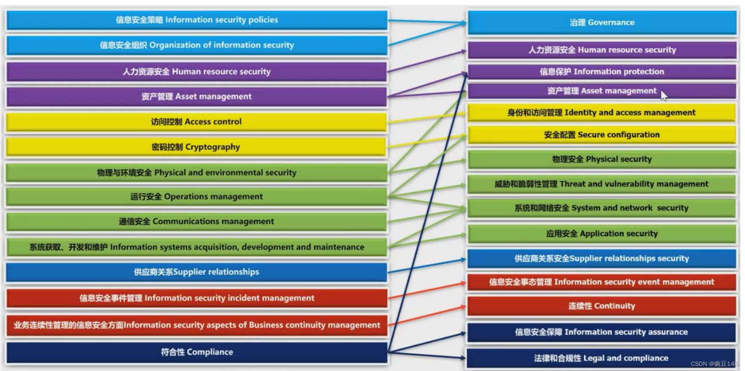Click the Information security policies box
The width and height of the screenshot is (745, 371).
click(197, 20)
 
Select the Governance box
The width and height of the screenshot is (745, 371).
click(602, 23)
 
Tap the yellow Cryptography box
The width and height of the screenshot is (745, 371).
click(196, 147)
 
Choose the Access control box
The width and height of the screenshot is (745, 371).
click(196, 122)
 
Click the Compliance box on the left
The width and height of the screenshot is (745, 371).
click(197, 352)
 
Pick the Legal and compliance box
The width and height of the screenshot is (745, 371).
click(601, 358)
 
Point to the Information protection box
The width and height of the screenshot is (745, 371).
click(602, 72)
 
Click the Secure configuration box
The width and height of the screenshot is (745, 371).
click(602, 135)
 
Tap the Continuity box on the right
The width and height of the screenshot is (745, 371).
click(602, 306)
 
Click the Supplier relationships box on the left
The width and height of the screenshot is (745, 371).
click(197, 272)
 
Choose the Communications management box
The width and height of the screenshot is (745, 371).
click(197, 222)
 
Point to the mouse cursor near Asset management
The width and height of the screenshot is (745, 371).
click(663, 95)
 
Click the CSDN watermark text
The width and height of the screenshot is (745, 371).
click(714, 364)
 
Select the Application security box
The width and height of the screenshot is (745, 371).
click(602, 234)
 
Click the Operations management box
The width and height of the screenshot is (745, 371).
click(197, 197)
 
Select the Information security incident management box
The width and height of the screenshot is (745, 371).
click(197, 298)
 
